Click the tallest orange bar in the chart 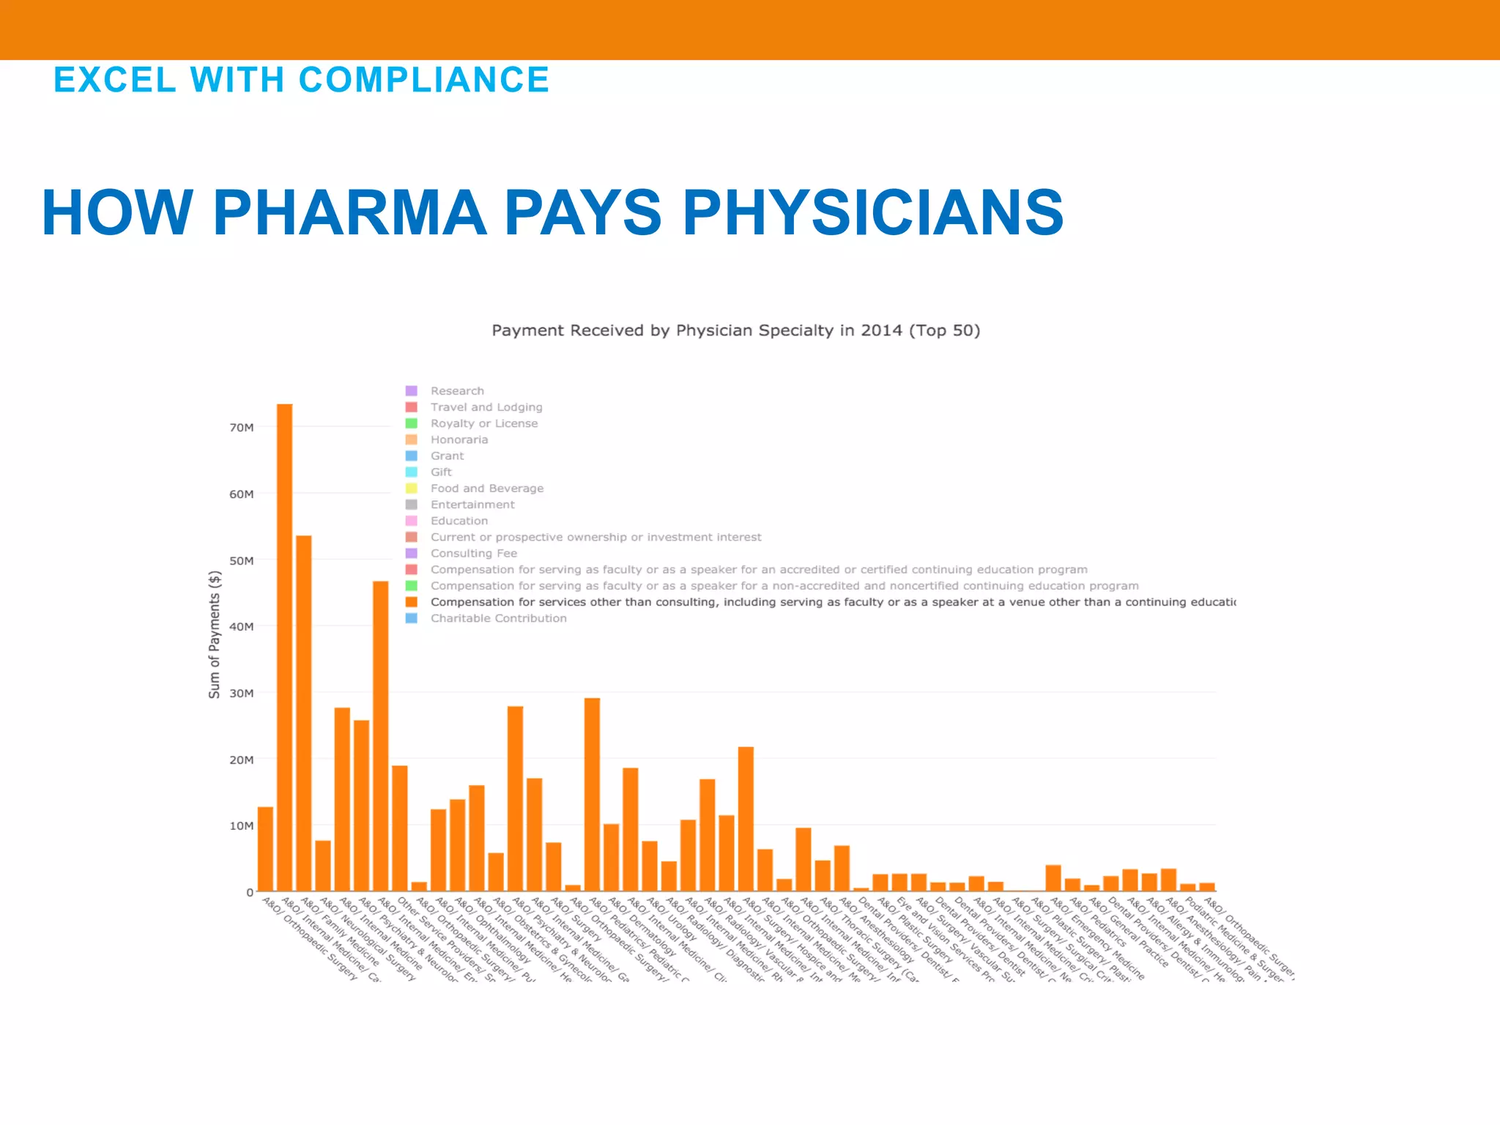[x=284, y=645]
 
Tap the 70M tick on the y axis [x=242, y=428]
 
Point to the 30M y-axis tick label [x=242, y=694]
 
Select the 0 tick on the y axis [x=250, y=892]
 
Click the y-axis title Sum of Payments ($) [x=214, y=634]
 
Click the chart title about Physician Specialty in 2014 [x=735, y=330]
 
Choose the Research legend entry [x=457, y=391]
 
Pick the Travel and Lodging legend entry [x=486, y=407]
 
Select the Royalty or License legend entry [x=483, y=423]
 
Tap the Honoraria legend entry [x=458, y=439]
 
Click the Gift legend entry [x=441, y=472]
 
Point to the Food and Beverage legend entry [x=487, y=489]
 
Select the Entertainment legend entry [x=472, y=505]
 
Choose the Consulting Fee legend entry [x=473, y=554]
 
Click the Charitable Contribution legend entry [x=498, y=618]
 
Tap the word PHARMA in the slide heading [x=349, y=213]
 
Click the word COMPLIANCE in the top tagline [x=424, y=80]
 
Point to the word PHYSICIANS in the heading [x=872, y=213]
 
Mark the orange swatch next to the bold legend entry [x=412, y=602]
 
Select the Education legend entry [x=458, y=521]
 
